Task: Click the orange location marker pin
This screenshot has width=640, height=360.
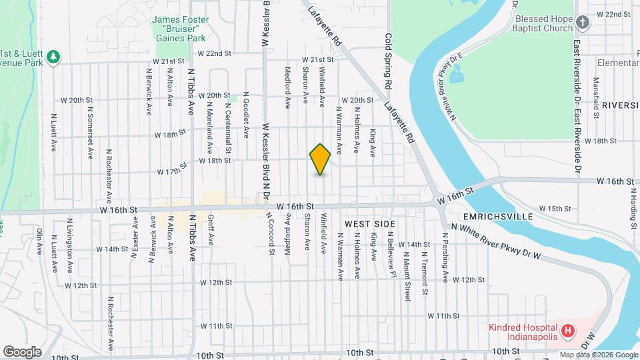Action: point(320,159)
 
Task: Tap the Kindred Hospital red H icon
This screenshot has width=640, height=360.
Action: point(568,330)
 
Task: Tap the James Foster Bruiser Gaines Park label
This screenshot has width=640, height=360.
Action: point(179,29)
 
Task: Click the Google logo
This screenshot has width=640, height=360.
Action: point(22,351)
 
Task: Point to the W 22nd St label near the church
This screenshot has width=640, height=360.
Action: point(613,14)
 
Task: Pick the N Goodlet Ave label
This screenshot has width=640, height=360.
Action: point(246,109)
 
